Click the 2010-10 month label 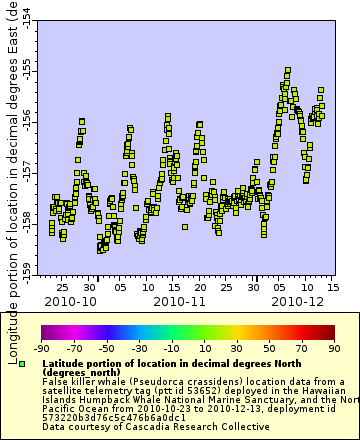(69, 300)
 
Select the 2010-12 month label (299, 300)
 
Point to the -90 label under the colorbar (42, 348)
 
